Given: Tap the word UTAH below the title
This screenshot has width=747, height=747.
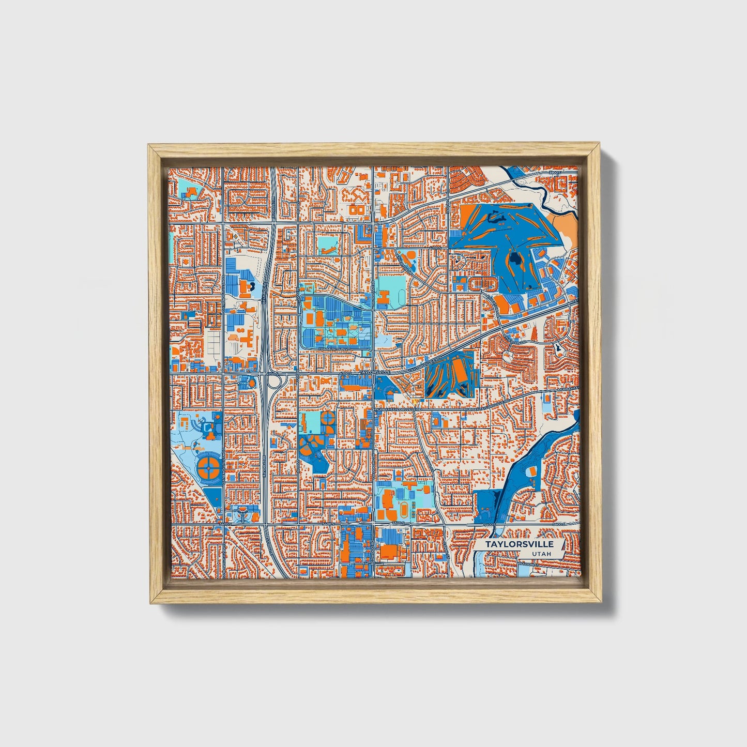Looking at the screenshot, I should [540, 554].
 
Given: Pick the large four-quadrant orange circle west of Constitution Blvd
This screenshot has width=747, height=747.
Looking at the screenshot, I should [208, 466].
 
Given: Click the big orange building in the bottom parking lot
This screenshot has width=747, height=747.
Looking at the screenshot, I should [388, 552].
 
